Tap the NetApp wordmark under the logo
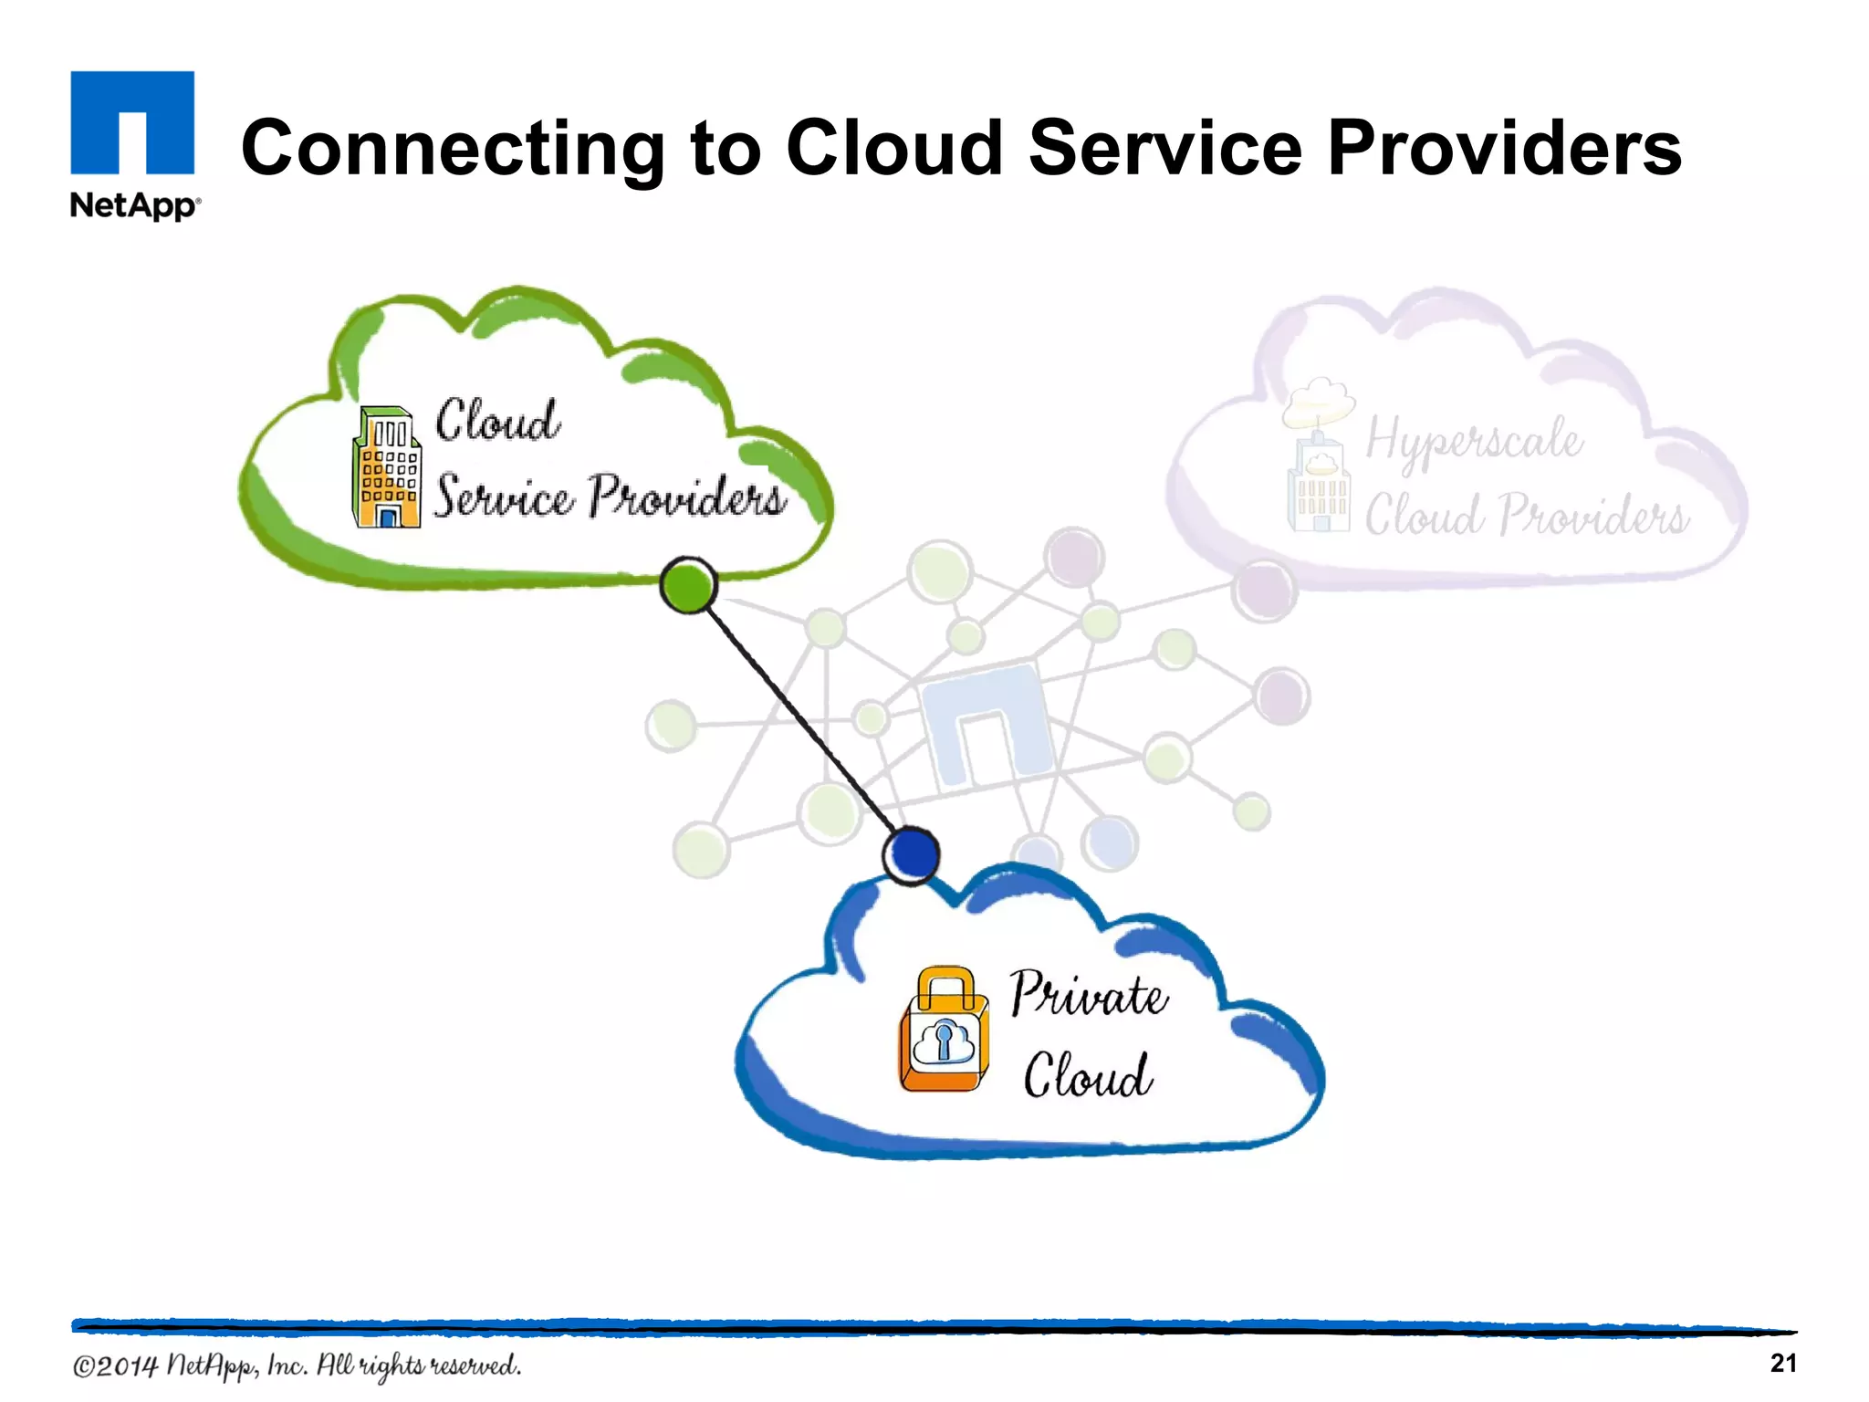pos(135,204)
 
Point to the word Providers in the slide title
pos(1504,148)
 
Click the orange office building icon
pos(387,467)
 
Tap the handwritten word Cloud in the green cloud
pos(497,421)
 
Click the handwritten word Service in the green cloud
pos(503,497)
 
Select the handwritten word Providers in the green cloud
pos(686,497)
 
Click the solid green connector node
pos(688,585)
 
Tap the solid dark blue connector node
pos(912,854)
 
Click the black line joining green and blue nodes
pos(799,720)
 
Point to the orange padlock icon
pos(945,1031)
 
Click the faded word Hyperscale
pos(1474,441)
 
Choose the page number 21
pos(1783,1363)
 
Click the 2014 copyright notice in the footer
pos(297,1365)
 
